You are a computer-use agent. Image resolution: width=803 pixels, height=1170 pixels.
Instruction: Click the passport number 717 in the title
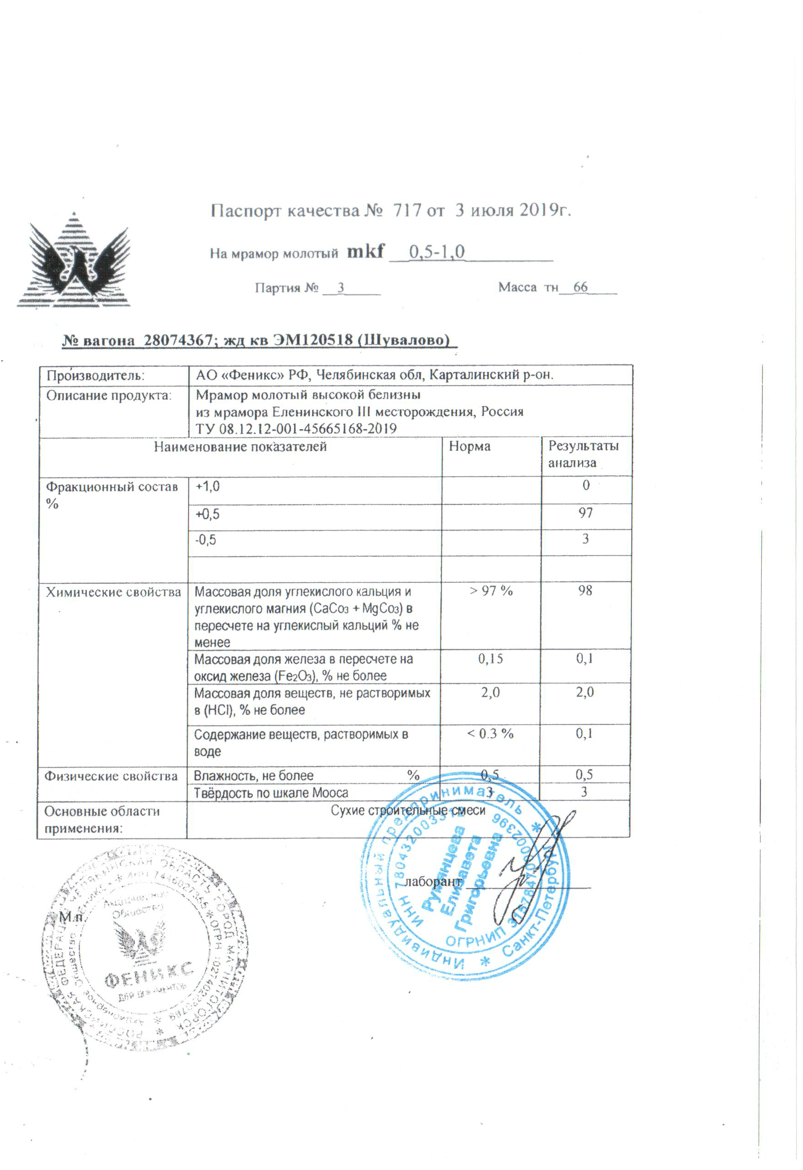pos(407,210)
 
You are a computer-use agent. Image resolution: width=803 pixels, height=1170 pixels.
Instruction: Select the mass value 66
pos(580,287)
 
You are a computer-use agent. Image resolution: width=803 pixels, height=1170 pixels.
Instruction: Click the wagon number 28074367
pos(178,340)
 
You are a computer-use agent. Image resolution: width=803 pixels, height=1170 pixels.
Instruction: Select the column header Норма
pos(469,447)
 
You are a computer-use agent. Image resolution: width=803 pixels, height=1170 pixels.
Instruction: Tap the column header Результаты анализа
pos(583,454)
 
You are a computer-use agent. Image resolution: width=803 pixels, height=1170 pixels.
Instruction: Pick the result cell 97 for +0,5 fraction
pos(586,513)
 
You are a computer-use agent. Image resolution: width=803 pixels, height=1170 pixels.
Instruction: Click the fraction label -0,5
pos(206,540)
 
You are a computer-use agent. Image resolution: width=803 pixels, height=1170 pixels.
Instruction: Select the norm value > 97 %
pos(491,591)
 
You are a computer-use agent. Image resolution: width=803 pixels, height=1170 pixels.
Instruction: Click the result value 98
pos(585,591)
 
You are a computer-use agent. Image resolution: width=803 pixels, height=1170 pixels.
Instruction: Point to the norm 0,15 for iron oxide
pos(490,658)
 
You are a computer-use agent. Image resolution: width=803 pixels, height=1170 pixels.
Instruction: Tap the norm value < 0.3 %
pos(490,734)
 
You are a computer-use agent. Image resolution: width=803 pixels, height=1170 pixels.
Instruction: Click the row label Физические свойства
pos(111,776)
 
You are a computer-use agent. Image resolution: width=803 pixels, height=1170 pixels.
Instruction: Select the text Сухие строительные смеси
pos(408,811)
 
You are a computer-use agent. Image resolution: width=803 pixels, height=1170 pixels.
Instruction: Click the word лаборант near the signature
pos(433,882)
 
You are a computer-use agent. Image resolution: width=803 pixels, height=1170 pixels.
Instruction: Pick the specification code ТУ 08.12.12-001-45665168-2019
pos(296,429)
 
